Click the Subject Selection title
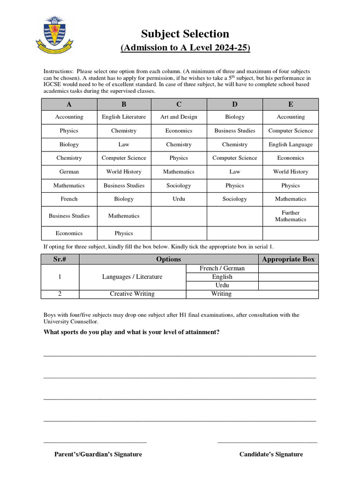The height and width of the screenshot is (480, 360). (x=185, y=34)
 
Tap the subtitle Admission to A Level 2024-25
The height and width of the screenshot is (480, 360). (x=185, y=48)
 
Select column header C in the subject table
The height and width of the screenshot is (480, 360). (x=179, y=104)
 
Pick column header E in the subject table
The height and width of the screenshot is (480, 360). (x=290, y=104)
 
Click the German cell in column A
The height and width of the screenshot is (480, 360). (x=69, y=172)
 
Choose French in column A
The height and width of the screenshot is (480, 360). (x=69, y=199)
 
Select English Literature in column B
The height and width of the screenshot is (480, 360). (x=124, y=117)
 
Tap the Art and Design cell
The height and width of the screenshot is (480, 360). (x=179, y=117)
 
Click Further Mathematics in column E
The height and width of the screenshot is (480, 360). (x=290, y=216)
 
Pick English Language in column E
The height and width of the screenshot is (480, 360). (x=290, y=144)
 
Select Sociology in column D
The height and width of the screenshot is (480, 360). (x=234, y=199)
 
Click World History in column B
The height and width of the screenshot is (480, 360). (x=124, y=172)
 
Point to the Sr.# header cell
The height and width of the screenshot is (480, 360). (x=60, y=259)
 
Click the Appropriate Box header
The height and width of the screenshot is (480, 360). (x=288, y=259)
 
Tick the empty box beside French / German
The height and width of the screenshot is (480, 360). (x=288, y=269)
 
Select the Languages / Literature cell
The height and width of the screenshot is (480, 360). (x=132, y=277)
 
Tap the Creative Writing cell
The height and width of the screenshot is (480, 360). (x=132, y=294)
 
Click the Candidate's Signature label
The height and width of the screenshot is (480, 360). (x=271, y=454)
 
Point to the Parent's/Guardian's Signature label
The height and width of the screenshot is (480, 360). (x=98, y=454)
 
